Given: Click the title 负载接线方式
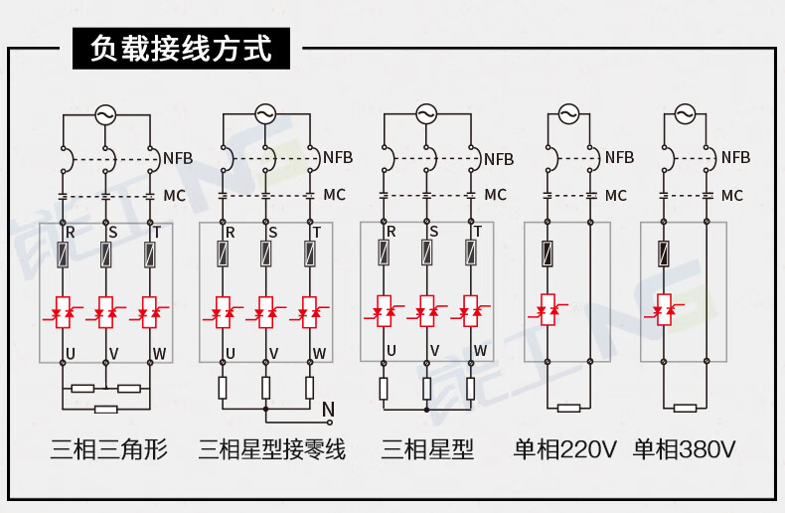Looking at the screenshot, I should point(180,48).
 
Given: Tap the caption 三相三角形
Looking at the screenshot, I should point(109,450).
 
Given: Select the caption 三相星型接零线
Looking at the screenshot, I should point(271,450).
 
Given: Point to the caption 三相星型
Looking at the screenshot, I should point(428,450).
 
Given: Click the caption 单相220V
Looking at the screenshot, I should point(564,450).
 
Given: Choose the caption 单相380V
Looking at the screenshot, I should point(685,450).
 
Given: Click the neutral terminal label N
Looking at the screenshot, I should point(329,408).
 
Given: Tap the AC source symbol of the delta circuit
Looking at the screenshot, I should point(106,115).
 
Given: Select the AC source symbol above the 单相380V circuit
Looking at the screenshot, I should point(685,115).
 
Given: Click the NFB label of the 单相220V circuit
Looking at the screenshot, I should point(619,158).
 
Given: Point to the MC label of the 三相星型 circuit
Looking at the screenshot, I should point(495,195).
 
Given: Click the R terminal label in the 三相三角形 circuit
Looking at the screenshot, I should point(70,233).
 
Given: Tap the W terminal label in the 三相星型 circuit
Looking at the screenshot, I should point(480,351).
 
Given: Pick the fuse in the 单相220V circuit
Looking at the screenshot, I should point(547,254).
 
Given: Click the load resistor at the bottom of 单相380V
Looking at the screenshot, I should point(685,408).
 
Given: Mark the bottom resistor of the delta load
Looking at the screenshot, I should point(105,408).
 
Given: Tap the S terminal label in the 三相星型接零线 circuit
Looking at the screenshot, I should point(272,233).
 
